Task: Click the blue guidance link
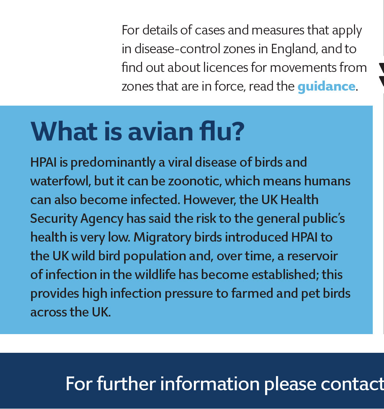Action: click(326, 87)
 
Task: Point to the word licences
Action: click(225, 67)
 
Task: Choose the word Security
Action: click(54, 219)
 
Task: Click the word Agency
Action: click(102, 219)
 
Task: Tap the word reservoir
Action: click(312, 256)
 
